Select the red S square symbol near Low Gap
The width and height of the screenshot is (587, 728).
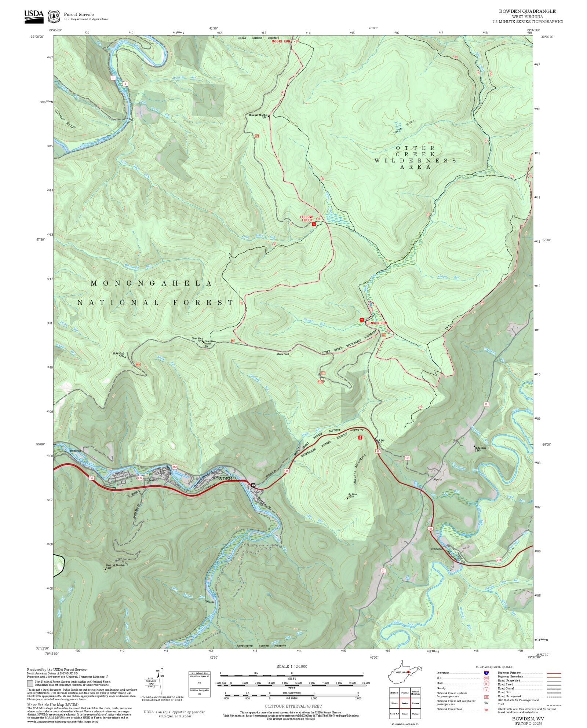click(x=361, y=437)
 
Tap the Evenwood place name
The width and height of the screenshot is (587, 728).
click(x=437, y=549)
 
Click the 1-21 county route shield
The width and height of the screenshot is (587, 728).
click(x=407, y=458)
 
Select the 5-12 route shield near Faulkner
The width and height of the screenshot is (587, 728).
click(x=140, y=478)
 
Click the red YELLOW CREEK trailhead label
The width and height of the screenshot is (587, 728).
click(x=306, y=218)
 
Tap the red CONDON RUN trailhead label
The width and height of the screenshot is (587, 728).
click(x=377, y=323)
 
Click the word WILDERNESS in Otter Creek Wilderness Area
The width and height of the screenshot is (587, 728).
click(x=415, y=161)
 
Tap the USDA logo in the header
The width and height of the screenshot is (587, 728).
click(x=34, y=16)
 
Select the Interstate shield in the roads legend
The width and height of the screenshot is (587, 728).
click(x=486, y=673)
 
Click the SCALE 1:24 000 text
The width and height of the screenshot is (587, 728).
click(x=292, y=666)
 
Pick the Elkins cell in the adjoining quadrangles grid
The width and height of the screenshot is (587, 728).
click(x=394, y=703)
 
